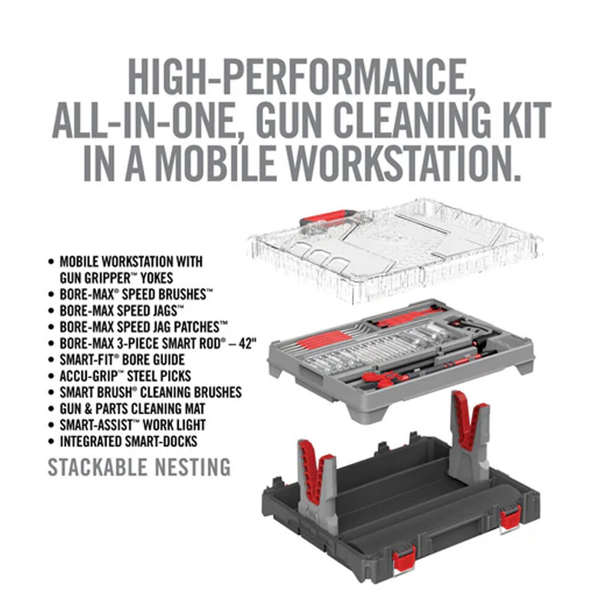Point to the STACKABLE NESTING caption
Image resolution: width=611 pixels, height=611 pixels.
pos(139,467)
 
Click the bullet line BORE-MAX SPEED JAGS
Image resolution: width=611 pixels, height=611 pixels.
pos(122,310)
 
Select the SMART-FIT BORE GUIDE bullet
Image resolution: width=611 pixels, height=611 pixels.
pos(122,359)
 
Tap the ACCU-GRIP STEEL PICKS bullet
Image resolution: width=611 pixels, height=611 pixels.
pos(125,376)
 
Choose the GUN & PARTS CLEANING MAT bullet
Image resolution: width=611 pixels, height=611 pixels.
pos(133,408)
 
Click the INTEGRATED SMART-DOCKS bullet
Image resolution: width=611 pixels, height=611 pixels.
pos(128,441)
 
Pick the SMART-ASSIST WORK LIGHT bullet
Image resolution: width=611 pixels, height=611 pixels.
pos(133,425)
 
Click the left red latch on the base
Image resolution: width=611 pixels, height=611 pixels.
pos(404,559)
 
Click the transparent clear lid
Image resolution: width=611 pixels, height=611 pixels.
pos(415,244)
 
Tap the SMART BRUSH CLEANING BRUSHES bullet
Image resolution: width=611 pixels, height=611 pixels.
pos(150,392)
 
